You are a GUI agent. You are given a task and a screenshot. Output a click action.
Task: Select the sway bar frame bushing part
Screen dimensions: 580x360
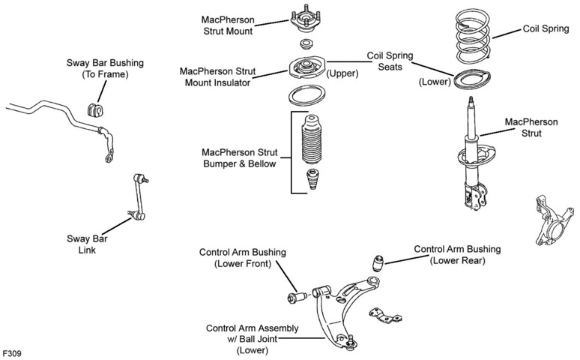pos(95,109)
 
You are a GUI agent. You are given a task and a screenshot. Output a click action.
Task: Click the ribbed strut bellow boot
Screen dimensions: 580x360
pos(312,140)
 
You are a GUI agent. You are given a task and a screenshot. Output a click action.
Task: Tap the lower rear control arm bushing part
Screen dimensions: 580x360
pos(377,263)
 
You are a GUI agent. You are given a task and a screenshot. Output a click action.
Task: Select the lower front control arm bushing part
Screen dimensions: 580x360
pos(296,297)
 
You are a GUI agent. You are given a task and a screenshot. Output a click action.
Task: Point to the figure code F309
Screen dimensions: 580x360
pos(12,353)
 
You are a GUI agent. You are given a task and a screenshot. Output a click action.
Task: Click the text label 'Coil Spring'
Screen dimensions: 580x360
pos(546,29)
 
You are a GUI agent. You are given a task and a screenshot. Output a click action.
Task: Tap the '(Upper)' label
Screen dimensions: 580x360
pos(342,73)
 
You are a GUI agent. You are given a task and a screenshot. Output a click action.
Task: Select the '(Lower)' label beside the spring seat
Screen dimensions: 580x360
pos(435,82)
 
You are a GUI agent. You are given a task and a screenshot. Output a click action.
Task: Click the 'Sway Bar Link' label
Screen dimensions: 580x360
pos(87,244)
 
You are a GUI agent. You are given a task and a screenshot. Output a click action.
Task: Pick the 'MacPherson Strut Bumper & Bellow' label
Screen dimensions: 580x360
pos(240,158)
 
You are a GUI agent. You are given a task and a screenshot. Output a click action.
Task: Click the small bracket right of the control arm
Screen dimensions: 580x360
pos(384,316)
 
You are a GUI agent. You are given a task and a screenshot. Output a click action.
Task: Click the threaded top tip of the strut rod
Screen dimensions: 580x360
pos(471,100)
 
